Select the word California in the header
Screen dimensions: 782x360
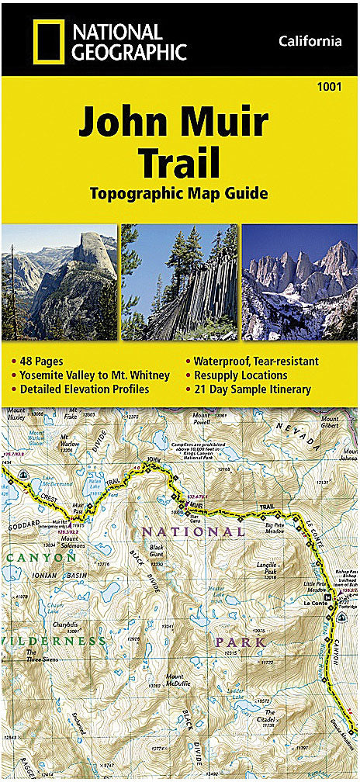point(310,41)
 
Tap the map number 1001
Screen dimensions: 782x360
point(329,87)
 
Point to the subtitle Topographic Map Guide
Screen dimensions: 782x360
point(179,192)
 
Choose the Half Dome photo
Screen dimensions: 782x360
point(59,282)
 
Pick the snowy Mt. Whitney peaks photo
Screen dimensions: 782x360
point(300,282)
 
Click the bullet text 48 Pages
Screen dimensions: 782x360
point(41,362)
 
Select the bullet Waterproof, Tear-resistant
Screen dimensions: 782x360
point(257,362)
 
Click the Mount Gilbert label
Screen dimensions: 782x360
point(329,422)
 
